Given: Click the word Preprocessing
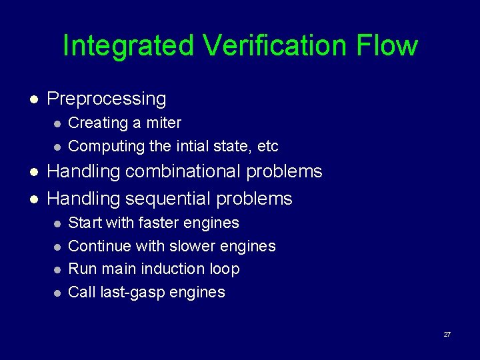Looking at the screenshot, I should pos(107,99).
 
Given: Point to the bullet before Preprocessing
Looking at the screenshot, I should pos(35,99).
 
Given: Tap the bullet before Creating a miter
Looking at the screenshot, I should pos(58,124).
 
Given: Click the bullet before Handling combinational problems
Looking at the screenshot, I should pos(35,172).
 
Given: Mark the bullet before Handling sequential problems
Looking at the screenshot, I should pos(35,199).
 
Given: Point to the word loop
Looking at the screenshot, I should pos(225,269).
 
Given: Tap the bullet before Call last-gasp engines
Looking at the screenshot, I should pos(58,293).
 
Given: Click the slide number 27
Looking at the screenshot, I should pos(447,333).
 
